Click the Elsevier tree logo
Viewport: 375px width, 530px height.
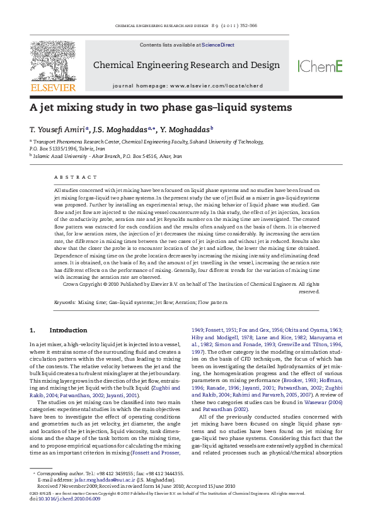pos(53,62)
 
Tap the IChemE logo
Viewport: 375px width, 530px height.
pos(320,66)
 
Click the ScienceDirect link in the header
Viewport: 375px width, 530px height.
pos(218,45)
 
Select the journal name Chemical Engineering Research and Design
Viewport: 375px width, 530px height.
pos(187,65)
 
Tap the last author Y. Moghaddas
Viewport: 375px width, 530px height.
pos(187,129)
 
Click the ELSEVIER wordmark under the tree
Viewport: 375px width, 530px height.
pos(53,87)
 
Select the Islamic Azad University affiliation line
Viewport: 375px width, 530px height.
pos(107,155)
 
